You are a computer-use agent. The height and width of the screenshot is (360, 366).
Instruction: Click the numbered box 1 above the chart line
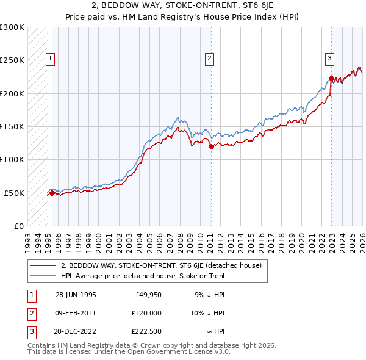(49, 59)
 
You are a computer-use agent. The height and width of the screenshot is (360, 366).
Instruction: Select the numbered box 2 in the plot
(209, 59)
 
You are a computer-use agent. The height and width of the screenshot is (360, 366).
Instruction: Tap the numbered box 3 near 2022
(329, 59)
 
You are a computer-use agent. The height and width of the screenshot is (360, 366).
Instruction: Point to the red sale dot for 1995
(52, 193)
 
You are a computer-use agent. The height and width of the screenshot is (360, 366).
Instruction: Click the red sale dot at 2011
(210, 146)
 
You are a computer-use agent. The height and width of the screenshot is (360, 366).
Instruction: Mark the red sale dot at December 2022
(331, 78)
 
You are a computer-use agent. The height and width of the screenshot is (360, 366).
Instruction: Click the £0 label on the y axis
(18, 226)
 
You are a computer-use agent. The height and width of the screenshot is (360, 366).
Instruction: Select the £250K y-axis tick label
(12, 60)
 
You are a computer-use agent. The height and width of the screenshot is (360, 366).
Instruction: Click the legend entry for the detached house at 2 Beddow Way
(161, 265)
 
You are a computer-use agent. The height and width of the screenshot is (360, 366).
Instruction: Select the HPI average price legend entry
(143, 276)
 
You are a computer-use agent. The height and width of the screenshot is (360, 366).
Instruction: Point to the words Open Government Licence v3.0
(184, 352)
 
